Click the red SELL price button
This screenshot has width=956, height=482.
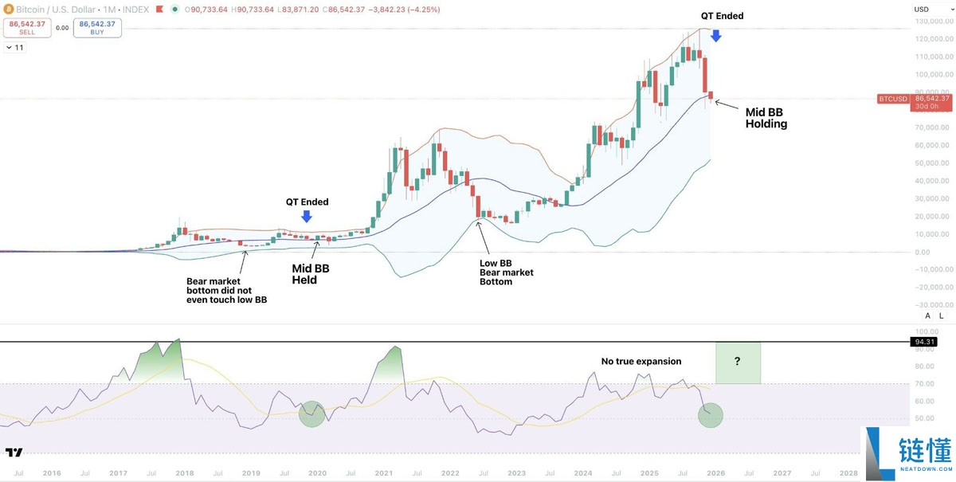(x=26, y=28)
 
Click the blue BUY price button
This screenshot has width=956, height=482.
(x=97, y=28)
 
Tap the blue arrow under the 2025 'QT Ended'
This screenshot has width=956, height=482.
(x=715, y=35)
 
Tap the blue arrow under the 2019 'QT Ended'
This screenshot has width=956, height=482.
(x=307, y=216)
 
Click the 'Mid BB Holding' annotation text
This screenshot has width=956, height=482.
(x=766, y=118)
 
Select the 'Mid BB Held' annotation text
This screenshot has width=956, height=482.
(x=310, y=274)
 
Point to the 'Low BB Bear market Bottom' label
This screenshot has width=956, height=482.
(x=506, y=272)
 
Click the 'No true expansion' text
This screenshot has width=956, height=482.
(x=641, y=361)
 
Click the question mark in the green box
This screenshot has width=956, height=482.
(x=738, y=362)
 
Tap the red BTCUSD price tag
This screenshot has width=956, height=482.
(x=893, y=99)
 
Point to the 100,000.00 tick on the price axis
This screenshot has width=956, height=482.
(x=934, y=74)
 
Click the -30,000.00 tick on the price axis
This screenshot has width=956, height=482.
(x=933, y=305)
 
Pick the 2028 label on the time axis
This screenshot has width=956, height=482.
(x=849, y=472)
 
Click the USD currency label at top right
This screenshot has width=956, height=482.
(x=922, y=10)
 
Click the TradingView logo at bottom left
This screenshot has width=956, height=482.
(x=14, y=453)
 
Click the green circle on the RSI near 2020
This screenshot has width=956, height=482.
(x=313, y=413)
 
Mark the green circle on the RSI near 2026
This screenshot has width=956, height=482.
(x=710, y=414)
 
